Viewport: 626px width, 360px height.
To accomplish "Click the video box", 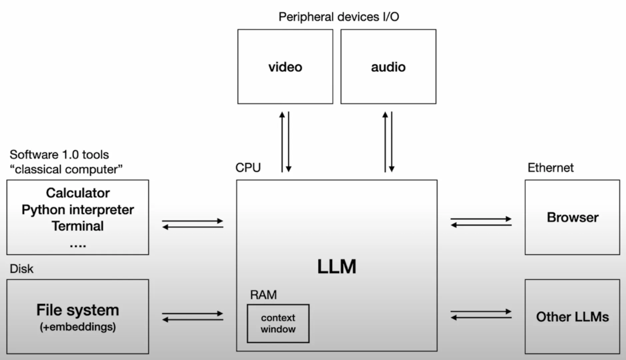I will pos(285,67).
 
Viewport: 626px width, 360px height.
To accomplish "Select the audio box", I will pos(388,67).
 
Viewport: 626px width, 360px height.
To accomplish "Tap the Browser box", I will pos(572,217).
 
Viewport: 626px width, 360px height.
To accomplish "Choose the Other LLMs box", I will pos(572,317).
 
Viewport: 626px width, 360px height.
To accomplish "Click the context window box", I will pos(278,323).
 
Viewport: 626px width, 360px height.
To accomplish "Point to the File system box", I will pos(78,317).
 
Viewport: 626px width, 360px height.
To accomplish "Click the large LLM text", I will pos(336,267).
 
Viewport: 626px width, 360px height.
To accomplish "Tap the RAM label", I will pos(263,295).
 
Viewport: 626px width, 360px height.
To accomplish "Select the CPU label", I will pos(248,168).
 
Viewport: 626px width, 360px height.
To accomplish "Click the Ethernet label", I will pos(550,168).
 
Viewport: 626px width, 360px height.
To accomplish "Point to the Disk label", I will pos(21,269).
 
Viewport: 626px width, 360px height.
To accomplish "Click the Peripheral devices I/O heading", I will pos(339,17).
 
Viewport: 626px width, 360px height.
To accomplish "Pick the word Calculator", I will pos(78,193).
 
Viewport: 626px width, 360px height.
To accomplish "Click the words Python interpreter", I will pos(78,209).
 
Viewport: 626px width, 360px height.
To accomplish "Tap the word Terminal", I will pos(78,226).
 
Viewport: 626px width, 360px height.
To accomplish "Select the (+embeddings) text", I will pos(78,327).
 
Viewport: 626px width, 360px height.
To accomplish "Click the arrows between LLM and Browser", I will pos(481,222).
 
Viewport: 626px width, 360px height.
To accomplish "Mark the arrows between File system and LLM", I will pos(192,317).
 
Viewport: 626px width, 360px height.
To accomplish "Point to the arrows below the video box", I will pos(285,142).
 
